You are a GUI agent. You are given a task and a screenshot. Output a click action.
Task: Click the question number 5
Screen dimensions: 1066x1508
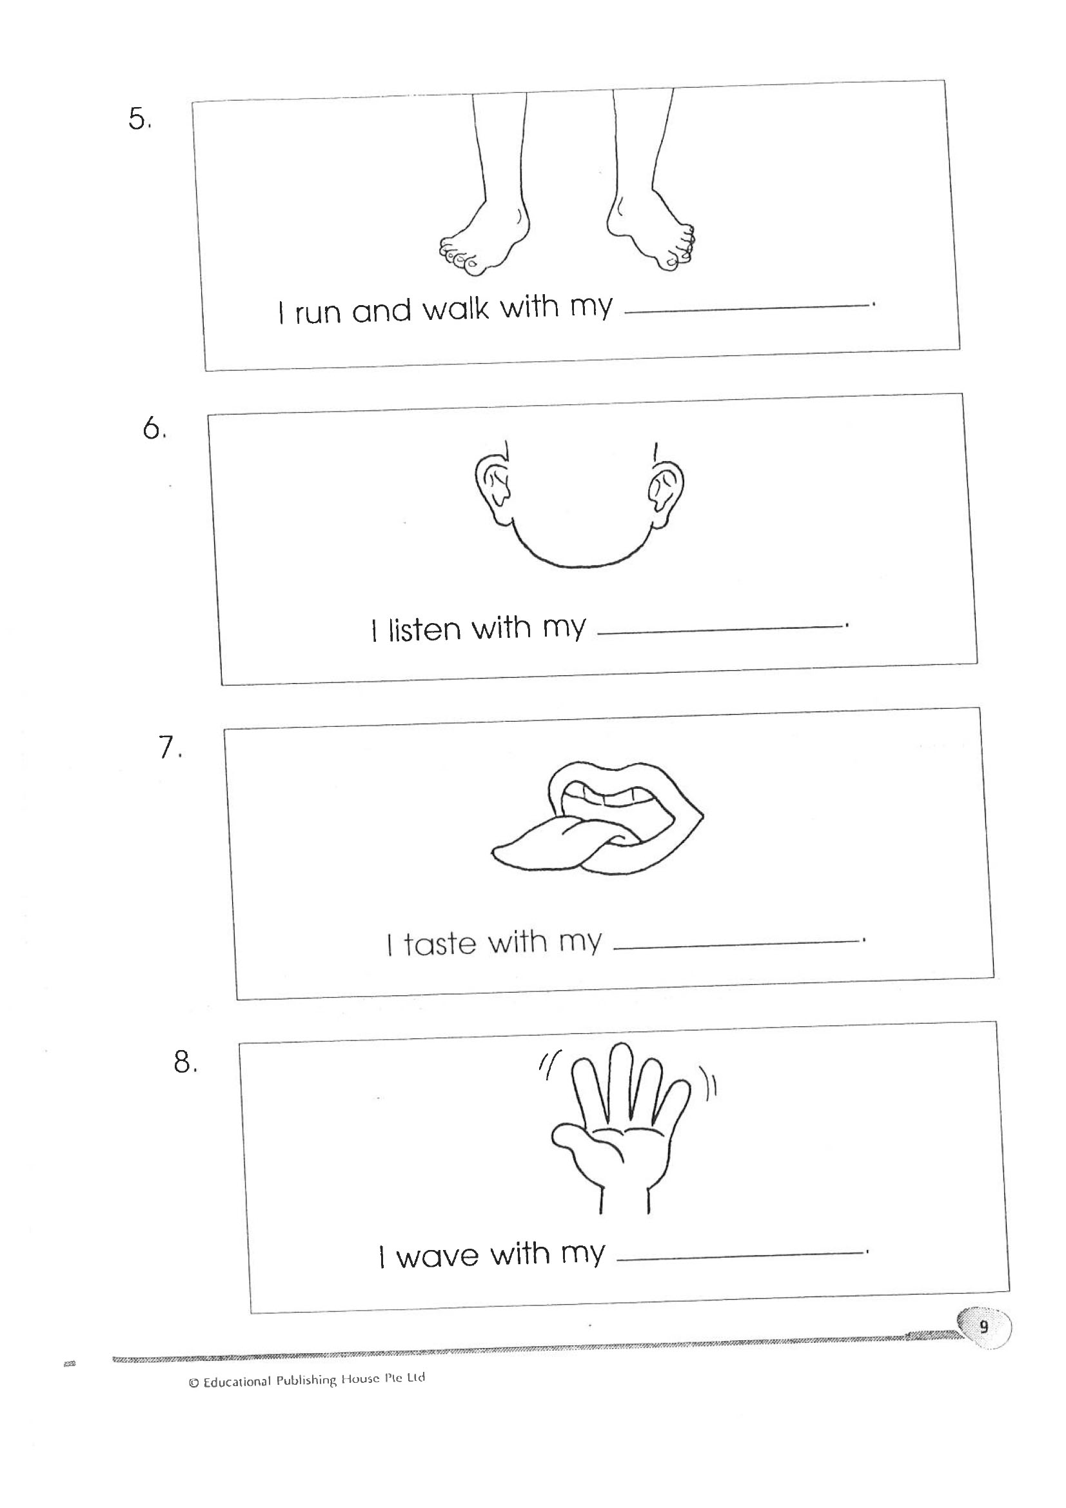point(139,119)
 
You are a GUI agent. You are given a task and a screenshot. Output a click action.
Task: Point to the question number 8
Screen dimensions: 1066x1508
point(185,1062)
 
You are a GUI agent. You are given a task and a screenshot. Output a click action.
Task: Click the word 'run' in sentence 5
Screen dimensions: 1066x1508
point(319,313)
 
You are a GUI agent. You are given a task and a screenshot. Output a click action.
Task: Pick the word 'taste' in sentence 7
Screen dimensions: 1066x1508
point(440,944)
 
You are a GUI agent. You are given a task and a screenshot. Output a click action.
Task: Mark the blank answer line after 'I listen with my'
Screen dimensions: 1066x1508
point(720,630)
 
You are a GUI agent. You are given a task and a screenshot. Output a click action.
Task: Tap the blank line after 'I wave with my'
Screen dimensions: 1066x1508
point(740,1256)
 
